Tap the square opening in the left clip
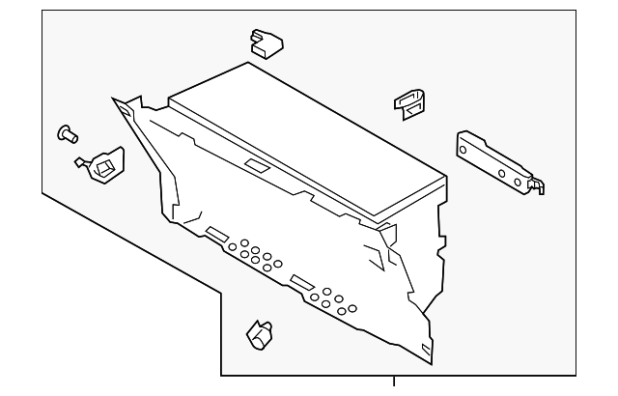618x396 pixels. (x=103, y=168)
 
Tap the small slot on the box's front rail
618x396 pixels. (x=256, y=165)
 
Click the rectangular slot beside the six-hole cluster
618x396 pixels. (x=301, y=281)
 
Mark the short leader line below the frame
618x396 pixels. (x=395, y=384)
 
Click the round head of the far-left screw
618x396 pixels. (x=66, y=130)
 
